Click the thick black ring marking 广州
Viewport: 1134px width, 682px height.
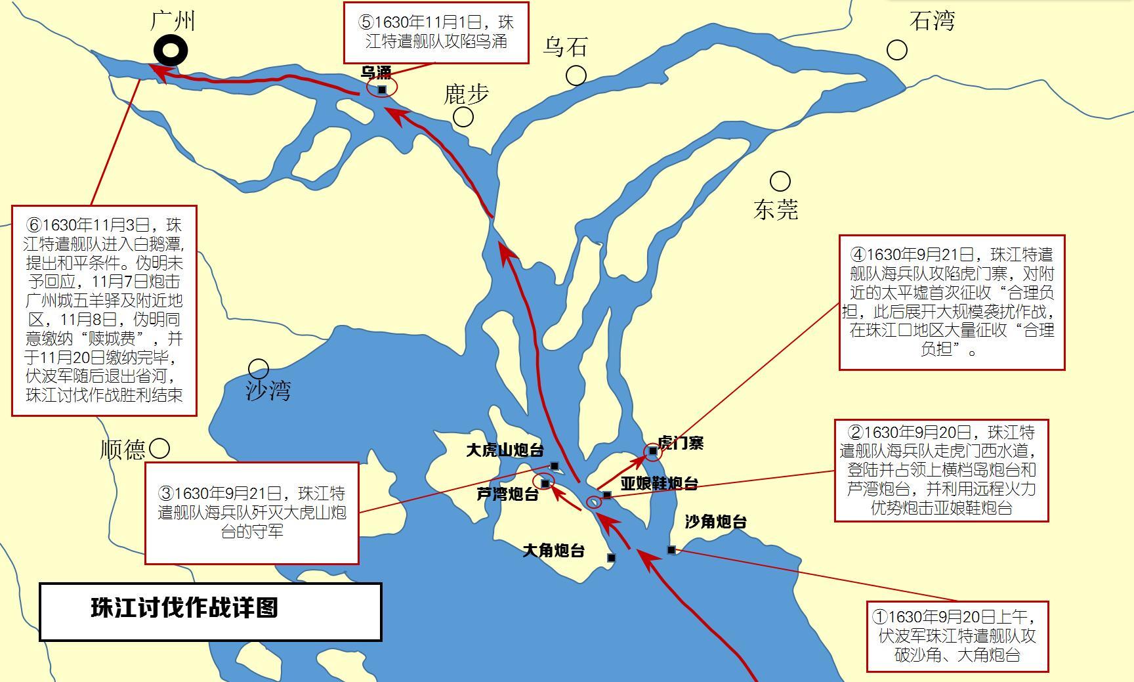[171, 51]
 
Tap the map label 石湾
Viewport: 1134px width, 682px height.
[932, 21]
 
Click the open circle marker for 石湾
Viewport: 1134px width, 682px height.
[897, 50]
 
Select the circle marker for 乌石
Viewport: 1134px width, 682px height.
[576, 75]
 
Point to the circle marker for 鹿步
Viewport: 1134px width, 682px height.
[463, 117]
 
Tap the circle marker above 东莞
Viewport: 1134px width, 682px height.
[780, 181]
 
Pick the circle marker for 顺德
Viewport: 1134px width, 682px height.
[159, 449]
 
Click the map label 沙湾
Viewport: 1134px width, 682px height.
[268, 391]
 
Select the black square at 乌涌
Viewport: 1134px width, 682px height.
[382, 89]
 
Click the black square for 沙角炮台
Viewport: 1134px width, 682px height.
[671, 549]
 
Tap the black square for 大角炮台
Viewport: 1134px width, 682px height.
[611, 558]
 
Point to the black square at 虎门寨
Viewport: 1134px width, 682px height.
[652, 451]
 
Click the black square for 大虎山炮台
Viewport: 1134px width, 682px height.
[554, 466]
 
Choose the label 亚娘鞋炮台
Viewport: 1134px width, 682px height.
[659, 484]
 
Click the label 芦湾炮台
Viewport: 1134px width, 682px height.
[507, 495]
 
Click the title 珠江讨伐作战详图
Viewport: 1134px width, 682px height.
[184, 608]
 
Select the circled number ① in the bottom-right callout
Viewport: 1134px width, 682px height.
[880, 617]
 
